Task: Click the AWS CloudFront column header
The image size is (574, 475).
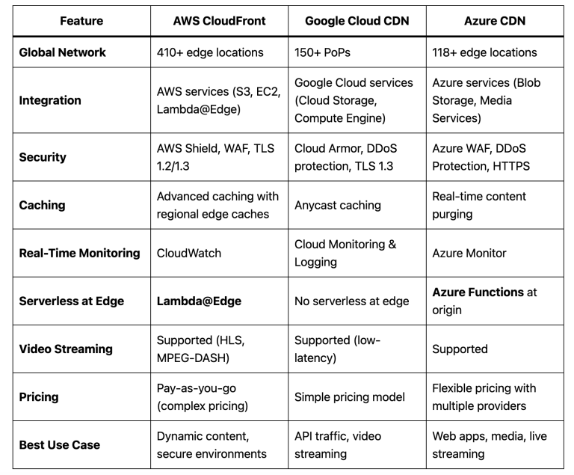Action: point(219,21)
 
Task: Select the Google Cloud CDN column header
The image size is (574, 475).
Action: point(357,21)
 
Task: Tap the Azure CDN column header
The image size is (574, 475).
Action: point(495,21)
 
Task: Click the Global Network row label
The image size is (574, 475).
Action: point(62,52)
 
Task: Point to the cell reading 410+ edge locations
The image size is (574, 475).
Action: point(210,52)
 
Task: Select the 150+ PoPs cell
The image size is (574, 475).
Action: point(322,52)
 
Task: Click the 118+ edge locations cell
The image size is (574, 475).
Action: point(484,52)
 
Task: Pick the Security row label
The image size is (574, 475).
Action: point(43,157)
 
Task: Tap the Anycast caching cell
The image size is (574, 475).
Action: point(338,205)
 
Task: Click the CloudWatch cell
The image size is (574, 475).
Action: point(189,254)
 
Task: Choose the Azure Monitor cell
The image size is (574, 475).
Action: point(469,254)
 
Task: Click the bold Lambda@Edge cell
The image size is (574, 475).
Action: point(199,301)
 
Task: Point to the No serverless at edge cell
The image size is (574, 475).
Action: point(352,301)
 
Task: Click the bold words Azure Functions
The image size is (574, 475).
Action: point(478,292)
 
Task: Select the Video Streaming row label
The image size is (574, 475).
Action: point(66,349)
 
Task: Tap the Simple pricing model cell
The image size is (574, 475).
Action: point(350,397)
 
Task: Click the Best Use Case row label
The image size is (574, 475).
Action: point(59,445)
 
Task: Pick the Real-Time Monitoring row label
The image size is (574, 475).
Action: point(79,254)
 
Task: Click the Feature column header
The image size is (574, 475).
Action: point(81,21)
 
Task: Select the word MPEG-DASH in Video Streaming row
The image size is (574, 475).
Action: point(193,358)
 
